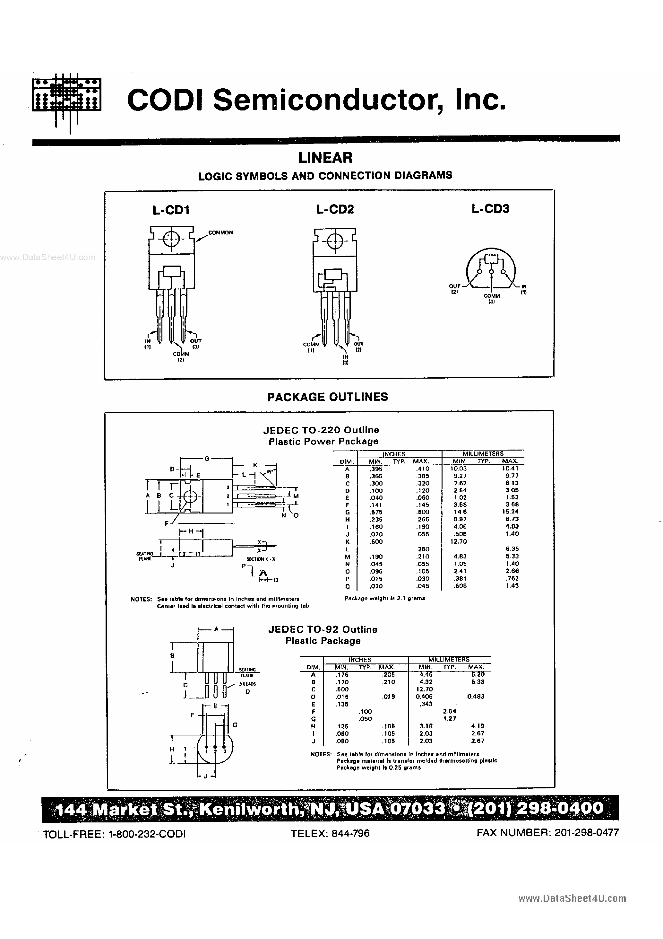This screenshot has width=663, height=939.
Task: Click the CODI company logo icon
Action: [x=66, y=99]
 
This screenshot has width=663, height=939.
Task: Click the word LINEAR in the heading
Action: [x=325, y=157]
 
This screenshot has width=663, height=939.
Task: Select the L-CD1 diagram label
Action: [x=171, y=210]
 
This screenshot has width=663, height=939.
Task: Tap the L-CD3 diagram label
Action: [x=490, y=209]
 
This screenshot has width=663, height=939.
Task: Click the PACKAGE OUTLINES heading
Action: [x=327, y=397]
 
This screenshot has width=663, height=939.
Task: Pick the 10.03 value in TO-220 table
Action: [x=459, y=469]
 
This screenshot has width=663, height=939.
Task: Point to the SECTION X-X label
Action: [x=260, y=559]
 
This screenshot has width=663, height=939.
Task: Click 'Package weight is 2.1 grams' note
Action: [x=385, y=598]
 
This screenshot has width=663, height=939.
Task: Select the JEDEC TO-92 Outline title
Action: [x=323, y=629]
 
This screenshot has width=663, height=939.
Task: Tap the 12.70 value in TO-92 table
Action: [x=424, y=689]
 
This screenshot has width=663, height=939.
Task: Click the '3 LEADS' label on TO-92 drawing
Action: [x=248, y=684]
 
